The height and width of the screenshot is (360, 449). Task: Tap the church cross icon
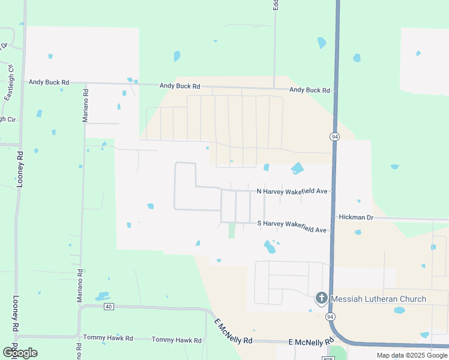point(322,298)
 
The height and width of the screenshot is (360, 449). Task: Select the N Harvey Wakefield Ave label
point(292,191)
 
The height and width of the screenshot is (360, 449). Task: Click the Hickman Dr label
point(356,217)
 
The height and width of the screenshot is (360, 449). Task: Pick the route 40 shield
point(108,307)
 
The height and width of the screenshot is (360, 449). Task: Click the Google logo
point(20,352)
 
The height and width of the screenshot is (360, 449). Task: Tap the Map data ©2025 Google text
point(411,355)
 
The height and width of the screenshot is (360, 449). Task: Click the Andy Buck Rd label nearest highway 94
point(310,91)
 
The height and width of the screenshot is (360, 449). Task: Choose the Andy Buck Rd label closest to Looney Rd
point(49,82)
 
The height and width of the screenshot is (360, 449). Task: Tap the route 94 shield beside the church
point(330,316)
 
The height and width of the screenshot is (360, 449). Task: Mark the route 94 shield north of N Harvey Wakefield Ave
point(334,137)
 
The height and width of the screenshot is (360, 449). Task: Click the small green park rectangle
point(232,230)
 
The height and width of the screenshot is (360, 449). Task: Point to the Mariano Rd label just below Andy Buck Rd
point(86,106)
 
